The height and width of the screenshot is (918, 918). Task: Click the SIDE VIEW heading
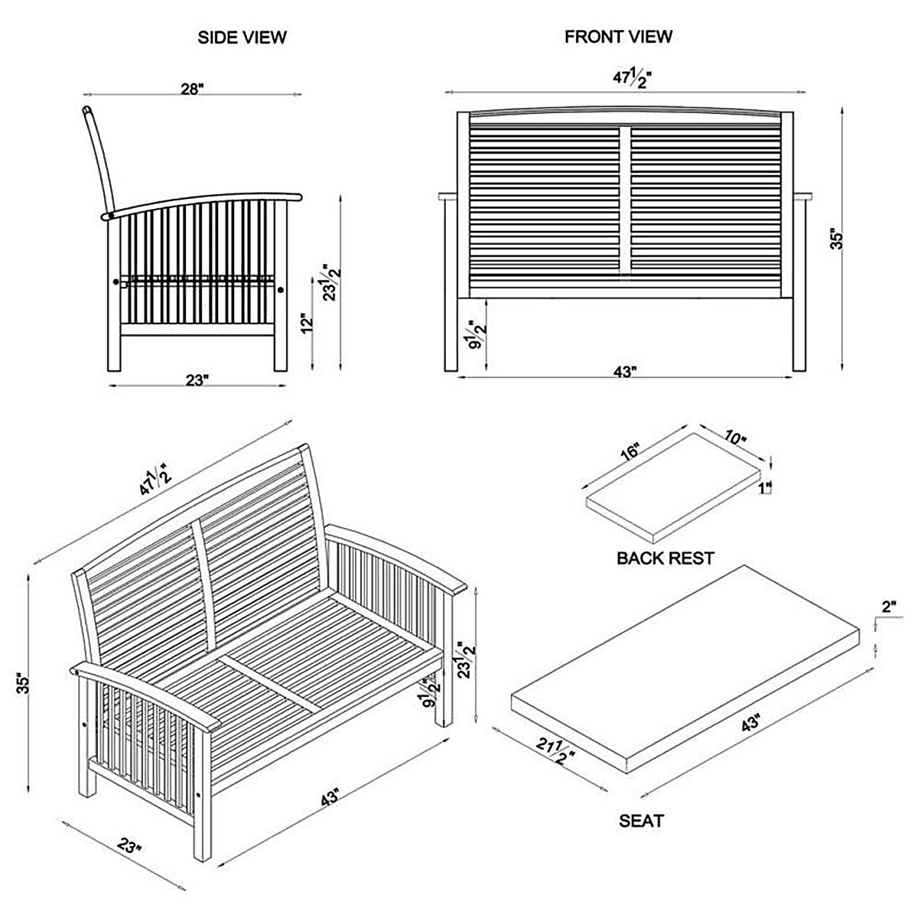[x=242, y=37]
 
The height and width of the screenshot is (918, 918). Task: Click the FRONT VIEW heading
[x=618, y=37]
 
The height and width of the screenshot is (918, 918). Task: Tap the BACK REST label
[x=665, y=558]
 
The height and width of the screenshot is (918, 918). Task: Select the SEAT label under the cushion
[x=641, y=822]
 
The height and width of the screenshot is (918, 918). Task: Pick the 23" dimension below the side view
[x=196, y=379]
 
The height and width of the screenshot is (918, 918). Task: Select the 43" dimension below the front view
[x=625, y=372]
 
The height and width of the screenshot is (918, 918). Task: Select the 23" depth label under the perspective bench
[x=130, y=846]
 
